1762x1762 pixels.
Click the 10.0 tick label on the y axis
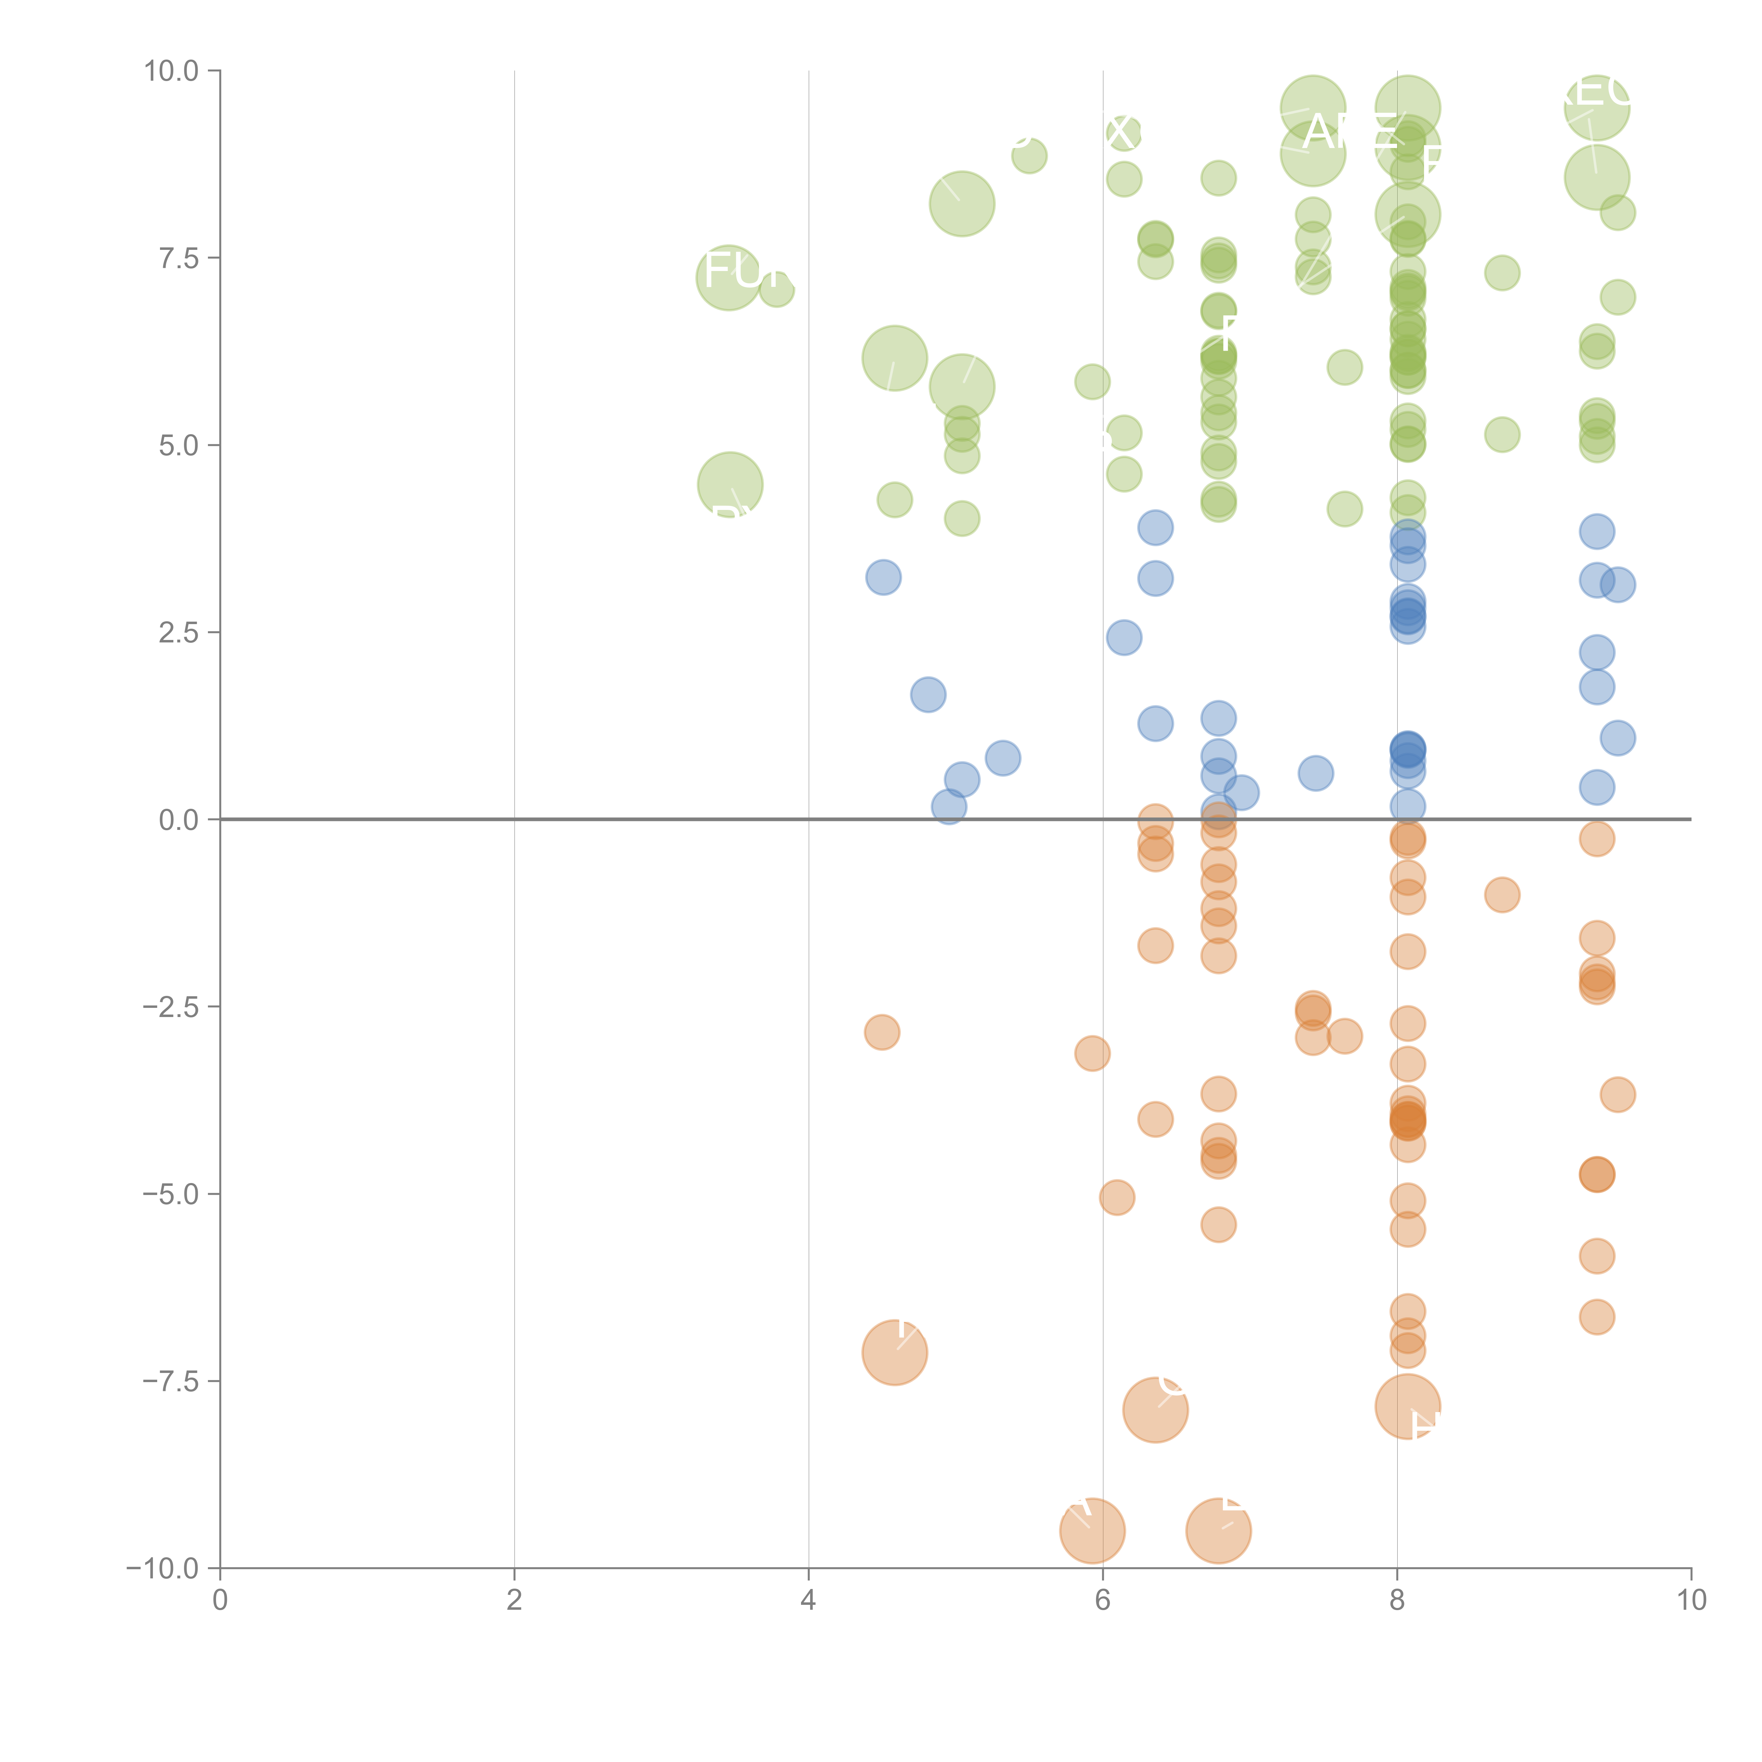tap(172, 71)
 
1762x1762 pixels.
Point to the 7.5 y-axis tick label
tap(179, 258)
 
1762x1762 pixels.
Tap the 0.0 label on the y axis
tap(179, 820)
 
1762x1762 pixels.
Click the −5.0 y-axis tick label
tap(172, 1194)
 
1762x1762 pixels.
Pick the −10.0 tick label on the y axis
tap(164, 1569)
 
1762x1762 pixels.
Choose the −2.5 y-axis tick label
tap(172, 1007)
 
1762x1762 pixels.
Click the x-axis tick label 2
tap(515, 1601)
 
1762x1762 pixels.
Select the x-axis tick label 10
tap(1691, 1601)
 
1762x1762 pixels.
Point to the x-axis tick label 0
tap(220, 1601)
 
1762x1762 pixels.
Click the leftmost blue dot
tap(883, 577)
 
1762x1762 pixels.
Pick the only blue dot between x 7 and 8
tap(1315, 774)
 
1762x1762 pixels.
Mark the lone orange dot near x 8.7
tap(1502, 895)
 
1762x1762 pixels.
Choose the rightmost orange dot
tap(1617, 1095)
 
